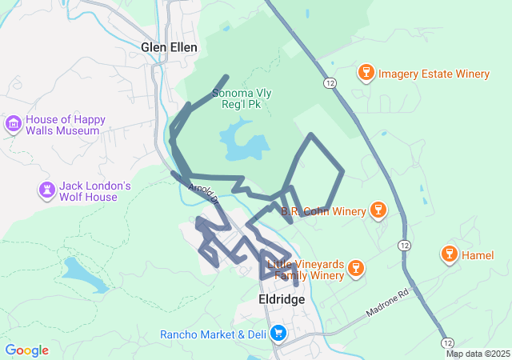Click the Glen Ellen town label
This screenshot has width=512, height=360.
click(x=169, y=47)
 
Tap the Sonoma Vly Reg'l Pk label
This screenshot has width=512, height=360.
click(x=242, y=99)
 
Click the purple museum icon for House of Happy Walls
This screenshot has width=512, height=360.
click(x=13, y=124)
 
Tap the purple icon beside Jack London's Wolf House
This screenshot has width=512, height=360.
click(x=47, y=190)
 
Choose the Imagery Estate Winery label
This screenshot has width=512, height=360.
click(x=434, y=74)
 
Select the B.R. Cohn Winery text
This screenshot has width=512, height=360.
click(x=323, y=212)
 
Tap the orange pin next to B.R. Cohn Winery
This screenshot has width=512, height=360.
click(x=378, y=210)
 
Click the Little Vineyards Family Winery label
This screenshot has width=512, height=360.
click(x=306, y=270)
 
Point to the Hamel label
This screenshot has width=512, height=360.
click(x=478, y=255)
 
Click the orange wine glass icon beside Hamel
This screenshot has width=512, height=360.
click(x=449, y=255)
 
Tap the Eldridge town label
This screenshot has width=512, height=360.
click(x=282, y=299)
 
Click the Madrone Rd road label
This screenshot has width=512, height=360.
click(x=387, y=303)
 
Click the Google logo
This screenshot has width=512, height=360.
click(x=26, y=350)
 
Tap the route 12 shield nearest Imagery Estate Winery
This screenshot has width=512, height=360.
click(x=330, y=82)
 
